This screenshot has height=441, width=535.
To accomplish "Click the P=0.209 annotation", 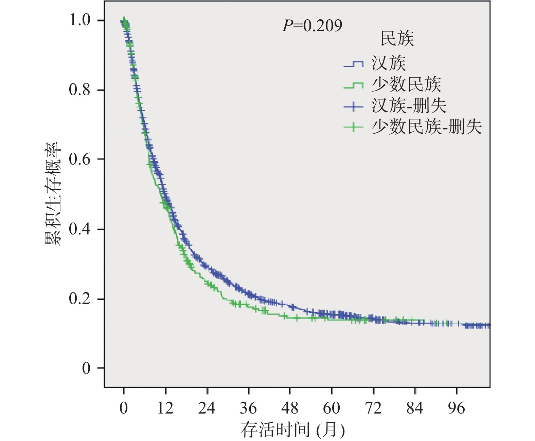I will tap(312, 26).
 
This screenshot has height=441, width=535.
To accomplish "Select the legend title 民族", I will tap(397, 39).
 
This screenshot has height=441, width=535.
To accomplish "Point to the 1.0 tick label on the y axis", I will tap(80, 20).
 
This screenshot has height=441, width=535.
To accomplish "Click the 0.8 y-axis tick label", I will tap(80, 90).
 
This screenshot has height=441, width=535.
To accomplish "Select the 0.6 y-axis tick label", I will tap(80, 159).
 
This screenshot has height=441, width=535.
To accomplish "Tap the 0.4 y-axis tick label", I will tap(80, 229).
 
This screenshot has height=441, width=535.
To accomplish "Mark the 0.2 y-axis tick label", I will tap(80, 299).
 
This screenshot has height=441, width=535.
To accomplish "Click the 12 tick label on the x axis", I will tap(165, 408).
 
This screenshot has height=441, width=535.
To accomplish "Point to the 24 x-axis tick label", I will tap(207, 408).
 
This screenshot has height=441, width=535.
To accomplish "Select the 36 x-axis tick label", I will tap(249, 408).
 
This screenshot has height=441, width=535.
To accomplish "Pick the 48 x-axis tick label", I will tap(290, 408).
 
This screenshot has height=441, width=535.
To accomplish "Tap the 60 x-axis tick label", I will tap(332, 408).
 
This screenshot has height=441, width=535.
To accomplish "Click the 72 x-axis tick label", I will tap(373, 408).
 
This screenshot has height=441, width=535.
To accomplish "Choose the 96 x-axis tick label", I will tap(457, 408).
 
